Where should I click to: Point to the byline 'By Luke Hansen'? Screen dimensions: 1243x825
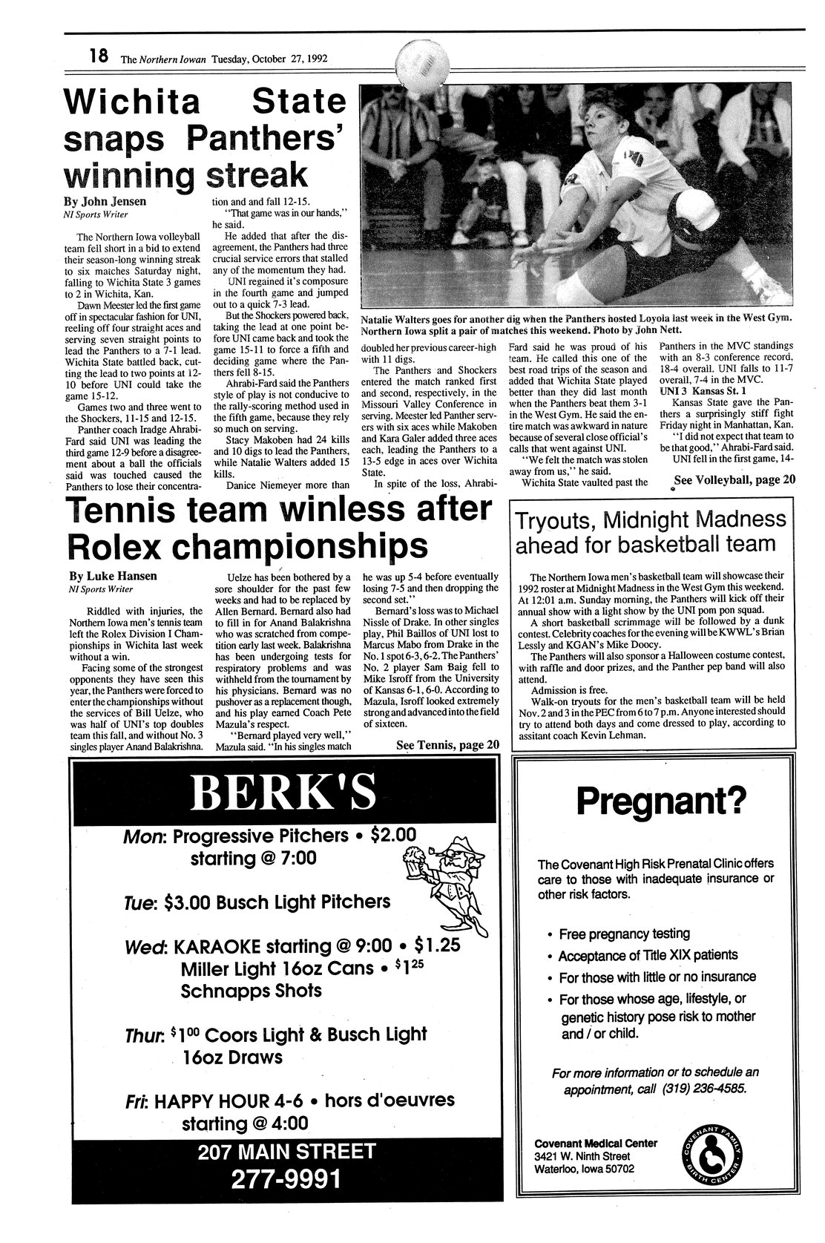(108, 575)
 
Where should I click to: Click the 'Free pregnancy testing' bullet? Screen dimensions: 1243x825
(624, 934)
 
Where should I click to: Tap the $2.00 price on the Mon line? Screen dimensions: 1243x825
(394, 835)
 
